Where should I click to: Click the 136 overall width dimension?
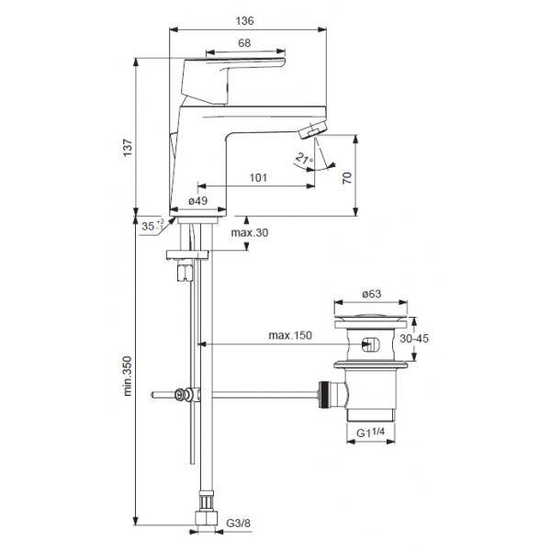click(244, 21)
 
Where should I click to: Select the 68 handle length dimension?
click(244, 43)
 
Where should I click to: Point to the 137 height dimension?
click(128, 148)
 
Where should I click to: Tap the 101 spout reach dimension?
click(258, 177)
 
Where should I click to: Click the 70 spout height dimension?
click(347, 178)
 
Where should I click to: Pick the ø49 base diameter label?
click(197, 200)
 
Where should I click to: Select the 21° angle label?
click(304, 159)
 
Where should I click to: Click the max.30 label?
click(250, 232)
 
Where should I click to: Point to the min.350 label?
click(128, 376)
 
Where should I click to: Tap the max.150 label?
click(290, 335)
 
